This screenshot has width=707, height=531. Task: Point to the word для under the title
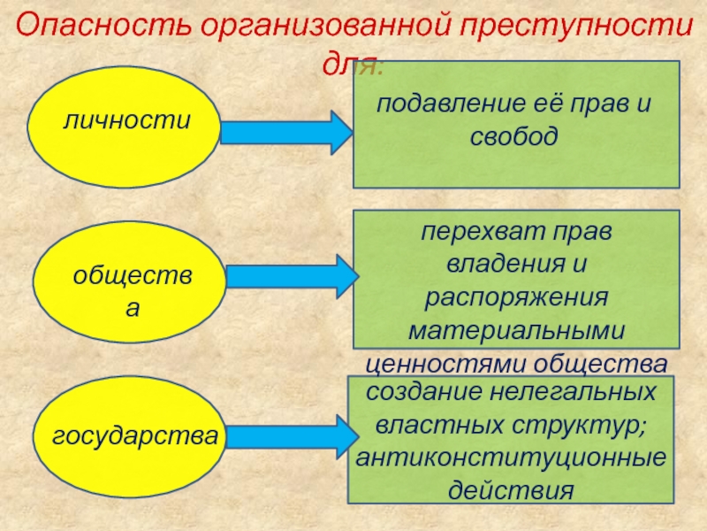click(x=353, y=64)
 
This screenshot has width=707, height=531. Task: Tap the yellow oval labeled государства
click(x=133, y=436)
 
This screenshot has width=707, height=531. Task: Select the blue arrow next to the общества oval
click(x=288, y=277)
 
